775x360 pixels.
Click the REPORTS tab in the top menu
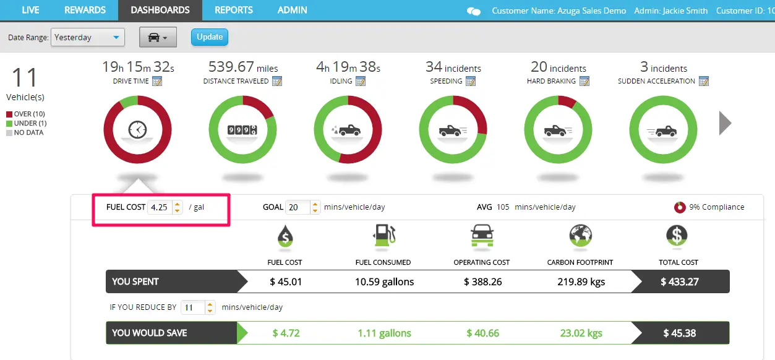(234, 10)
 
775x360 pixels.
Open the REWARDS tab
(85, 10)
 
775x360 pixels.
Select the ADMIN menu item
(293, 10)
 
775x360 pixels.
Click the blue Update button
(210, 37)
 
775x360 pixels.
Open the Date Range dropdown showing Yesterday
(88, 38)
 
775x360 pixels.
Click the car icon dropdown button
(158, 38)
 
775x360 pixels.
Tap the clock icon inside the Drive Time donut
(137, 130)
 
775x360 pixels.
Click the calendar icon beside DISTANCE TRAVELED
(277, 81)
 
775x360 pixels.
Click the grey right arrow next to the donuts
(725, 124)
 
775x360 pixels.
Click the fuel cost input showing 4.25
(160, 207)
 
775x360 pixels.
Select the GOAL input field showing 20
(297, 207)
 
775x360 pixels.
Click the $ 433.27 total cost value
(679, 281)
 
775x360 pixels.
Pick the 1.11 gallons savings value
(384, 333)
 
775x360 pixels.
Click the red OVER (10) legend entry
(25, 114)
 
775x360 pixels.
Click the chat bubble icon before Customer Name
(474, 11)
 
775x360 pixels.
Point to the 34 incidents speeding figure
(453, 67)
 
